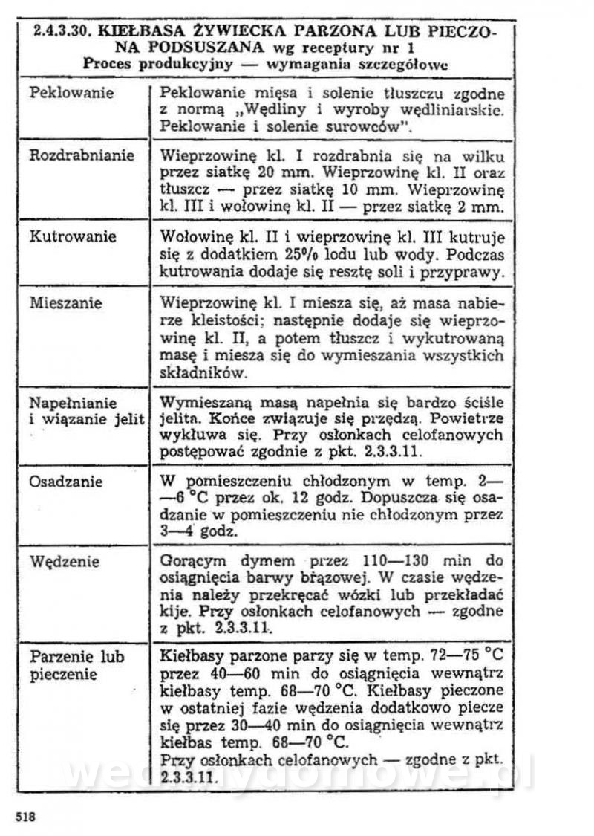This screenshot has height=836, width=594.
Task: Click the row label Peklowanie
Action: pyautogui.click(x=71, y=93)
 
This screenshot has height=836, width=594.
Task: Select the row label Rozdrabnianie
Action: pyautogui.click(x=82, y=155)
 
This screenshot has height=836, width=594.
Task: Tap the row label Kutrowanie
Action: pyautogui.click(x=72, y=236)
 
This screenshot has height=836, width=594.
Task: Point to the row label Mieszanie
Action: pyautogui.click(x=65, y=303)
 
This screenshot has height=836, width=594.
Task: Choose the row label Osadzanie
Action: pyautogui.click(x=65, y=481)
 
